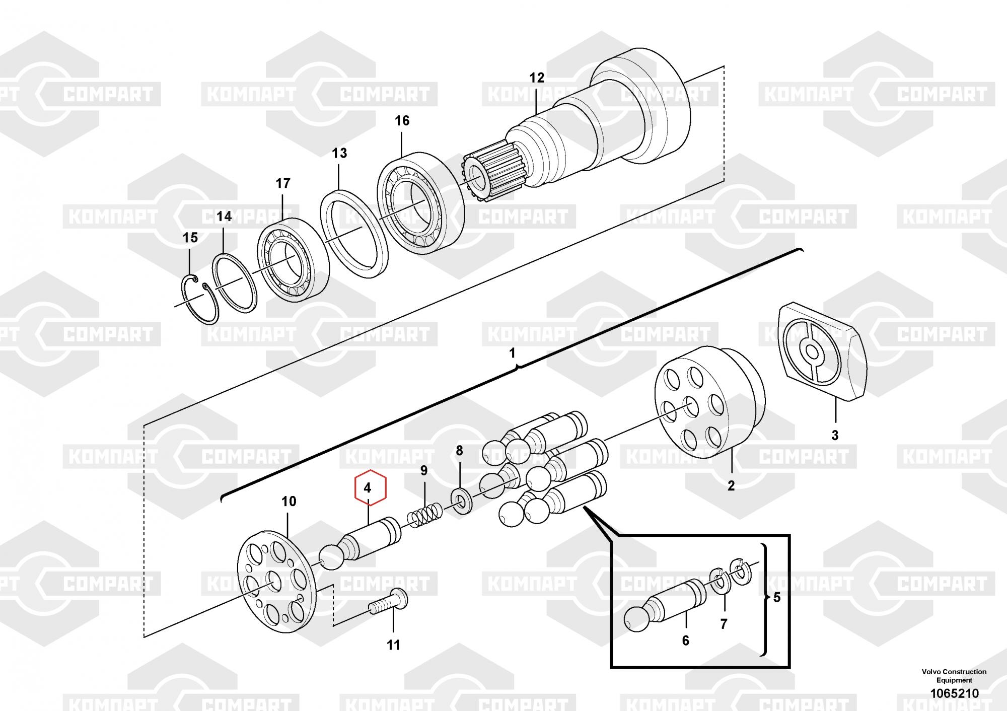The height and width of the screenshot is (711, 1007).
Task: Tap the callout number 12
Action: [x=537, y=78]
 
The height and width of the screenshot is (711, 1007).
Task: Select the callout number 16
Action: [x=402, y=121]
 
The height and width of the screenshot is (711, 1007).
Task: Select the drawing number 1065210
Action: [x=954, y=693]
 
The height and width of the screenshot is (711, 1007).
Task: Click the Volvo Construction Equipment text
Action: [x=954, y=676]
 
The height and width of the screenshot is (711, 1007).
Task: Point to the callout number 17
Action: [x=283, y=183]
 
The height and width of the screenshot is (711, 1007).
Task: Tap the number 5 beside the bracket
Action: [x=776, y=598]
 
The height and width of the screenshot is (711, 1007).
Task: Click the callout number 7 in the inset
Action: [x=724, y=624]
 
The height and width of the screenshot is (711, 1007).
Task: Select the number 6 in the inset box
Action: [x=685, y=641]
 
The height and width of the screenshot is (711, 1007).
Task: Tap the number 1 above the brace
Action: [x=513, y=353]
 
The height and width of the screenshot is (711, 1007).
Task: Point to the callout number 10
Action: [x=289, y=502]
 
